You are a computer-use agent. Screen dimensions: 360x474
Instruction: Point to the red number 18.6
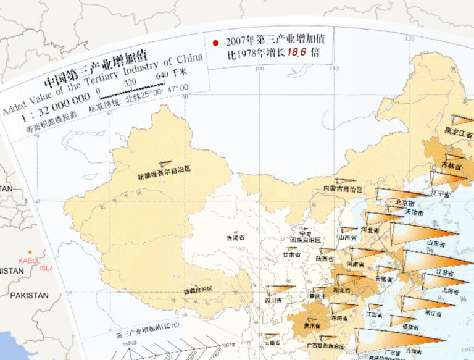pos(296,53)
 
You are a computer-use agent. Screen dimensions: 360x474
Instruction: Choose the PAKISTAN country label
pos(28,295)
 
